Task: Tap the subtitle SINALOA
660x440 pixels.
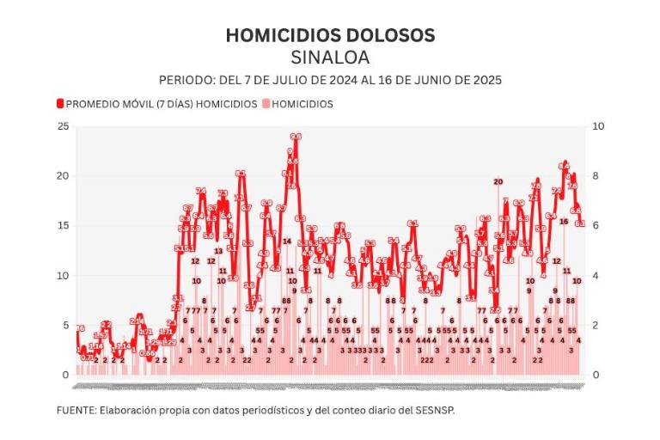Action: point(330,58)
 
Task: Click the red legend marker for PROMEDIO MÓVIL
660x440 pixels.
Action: point(60,104)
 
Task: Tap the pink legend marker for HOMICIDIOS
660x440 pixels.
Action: point(266,104)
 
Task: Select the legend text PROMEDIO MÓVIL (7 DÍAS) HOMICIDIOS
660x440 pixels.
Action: point(162,104)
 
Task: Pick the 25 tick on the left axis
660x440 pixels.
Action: point(62,126)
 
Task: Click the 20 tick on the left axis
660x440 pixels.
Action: point(62,176)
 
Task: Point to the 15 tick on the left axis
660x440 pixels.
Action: point(62,226)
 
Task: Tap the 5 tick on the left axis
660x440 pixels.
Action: point(64,326)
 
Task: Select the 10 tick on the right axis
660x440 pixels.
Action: point(599,126)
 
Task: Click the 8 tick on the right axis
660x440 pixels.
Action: point(596,176)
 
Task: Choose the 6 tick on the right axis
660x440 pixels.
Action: point(596,226)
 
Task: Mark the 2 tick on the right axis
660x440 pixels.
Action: point(596,326)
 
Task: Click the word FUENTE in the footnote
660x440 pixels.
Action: point(76,410)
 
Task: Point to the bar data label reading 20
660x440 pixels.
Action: point(498,181)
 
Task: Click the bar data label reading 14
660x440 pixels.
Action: point(287,241)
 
